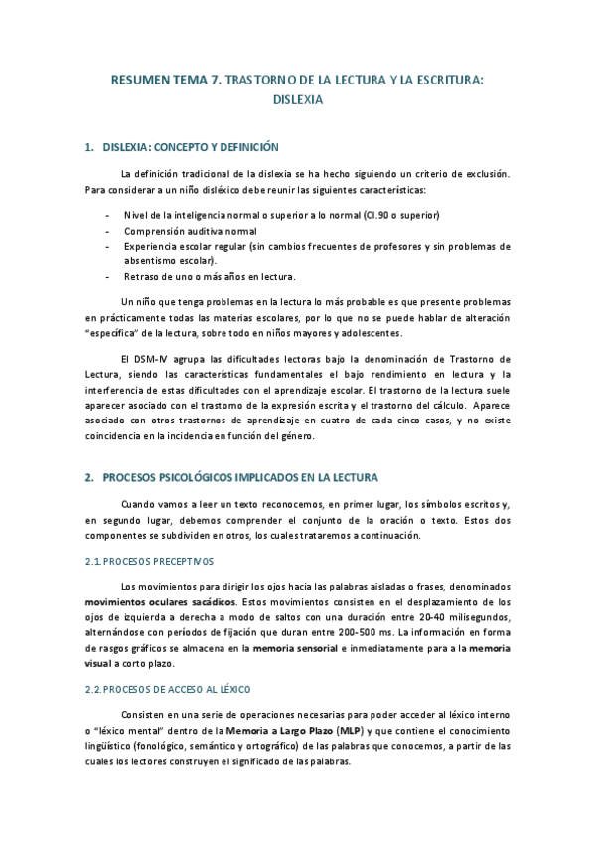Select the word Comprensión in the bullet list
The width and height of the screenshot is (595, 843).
[x=152, y=231]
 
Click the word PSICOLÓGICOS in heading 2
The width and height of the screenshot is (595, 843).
[x=202, y=477]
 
